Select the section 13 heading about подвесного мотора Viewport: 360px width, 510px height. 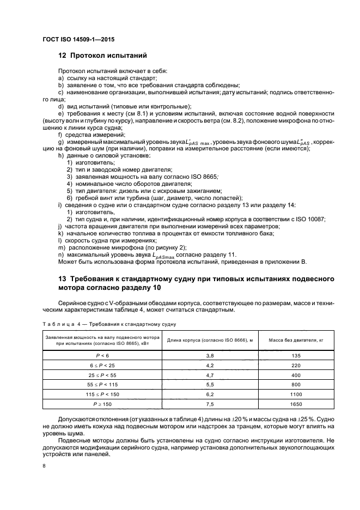click(196, 283)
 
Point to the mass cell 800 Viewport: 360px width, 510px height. click(296, 385)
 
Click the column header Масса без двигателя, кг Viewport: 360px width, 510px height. click(296, 339)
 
